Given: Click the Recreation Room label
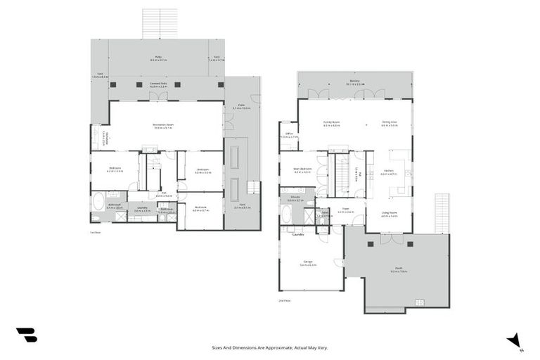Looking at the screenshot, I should coord(164,125).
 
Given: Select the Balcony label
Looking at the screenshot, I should coord(354,82).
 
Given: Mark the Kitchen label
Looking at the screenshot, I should coord(389,170).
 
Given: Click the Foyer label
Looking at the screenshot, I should coord(346,209).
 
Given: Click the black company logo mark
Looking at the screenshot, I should coord(26,335).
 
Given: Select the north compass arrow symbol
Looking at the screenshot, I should coord(515,340).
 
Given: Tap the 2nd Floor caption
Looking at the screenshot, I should coord(284,300).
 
